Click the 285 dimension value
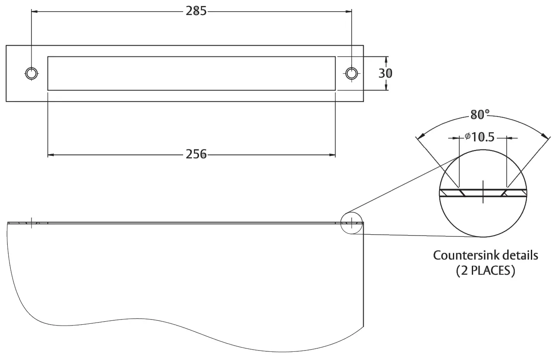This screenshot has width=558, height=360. point(196,11)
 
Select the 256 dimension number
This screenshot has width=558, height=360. point(196,154)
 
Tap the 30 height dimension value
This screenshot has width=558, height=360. point(385,73)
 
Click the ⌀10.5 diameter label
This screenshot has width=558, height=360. point(479,137)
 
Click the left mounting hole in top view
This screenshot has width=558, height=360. point(31,73)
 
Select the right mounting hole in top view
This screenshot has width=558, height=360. point(352,73)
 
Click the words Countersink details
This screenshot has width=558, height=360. point(485,255)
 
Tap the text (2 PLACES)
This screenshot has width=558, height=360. point(485,272)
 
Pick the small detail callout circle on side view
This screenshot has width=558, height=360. point(352,223)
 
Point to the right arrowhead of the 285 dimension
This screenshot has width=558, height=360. point(349,11)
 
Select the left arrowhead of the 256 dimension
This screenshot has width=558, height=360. point(50,154)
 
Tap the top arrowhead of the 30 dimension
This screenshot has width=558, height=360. point(386,59)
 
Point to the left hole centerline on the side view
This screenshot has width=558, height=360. point(31,223)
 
